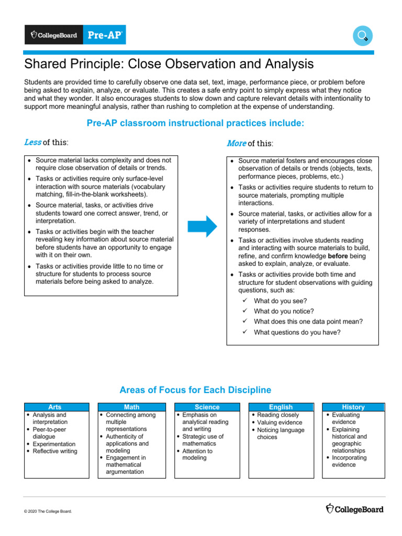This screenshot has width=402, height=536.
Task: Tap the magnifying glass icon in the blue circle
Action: tap(362, 36)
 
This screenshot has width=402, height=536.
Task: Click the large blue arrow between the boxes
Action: tap(202, 226)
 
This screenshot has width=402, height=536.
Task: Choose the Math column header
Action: tap(131, 407)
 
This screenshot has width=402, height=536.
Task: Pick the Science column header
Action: tap(207, 407)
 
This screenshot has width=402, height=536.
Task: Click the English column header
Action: tap(281, 407)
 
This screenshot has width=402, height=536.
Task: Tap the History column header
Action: tap(353, 407)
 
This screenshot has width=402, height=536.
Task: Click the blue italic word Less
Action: tap(32, 142)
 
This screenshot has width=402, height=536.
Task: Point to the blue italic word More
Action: tap(236, 143)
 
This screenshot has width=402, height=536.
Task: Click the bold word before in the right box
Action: tap(338, 256)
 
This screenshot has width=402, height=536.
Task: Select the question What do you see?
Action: tap(280, 301)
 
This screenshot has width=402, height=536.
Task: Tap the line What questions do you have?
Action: tap(297, 332)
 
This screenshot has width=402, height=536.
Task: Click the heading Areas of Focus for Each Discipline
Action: tap(195, 390)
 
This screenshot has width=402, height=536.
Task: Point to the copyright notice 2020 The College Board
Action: tap(48, 511)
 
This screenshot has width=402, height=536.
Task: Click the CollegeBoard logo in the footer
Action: tap(354, 509)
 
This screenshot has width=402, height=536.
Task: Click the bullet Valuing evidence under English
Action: tap(280, 422)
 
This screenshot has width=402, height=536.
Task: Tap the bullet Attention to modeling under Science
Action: tap(197, 454)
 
